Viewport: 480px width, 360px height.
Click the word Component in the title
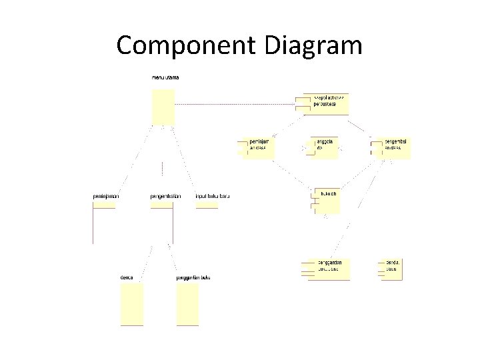click(185, 46)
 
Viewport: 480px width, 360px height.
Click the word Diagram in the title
click(313, 46)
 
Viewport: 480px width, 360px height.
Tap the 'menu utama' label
click(165, 78)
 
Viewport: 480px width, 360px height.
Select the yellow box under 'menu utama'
click(163, 107)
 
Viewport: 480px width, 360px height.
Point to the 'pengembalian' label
click(165, 196)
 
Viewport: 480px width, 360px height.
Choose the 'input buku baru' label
click(212, 196)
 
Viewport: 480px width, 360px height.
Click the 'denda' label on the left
click(127, 277)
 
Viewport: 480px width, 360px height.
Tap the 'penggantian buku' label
click(193, 277)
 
